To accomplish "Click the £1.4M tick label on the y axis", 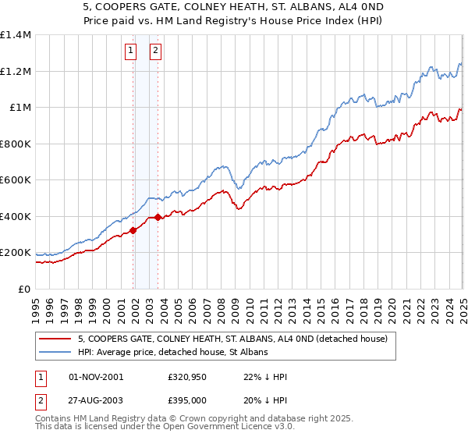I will pyautogui.click(x=16, y=35).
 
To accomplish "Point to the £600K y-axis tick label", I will pyautogui.click(x=16, y=180).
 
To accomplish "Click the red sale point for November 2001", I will pyautogui.click(x=133, y=230).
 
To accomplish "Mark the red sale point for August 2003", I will pyautogui.click(x=158, y=218).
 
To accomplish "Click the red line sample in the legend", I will pyautogui.click(x=55, y=339).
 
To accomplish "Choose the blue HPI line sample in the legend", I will pyautogui.click(x=55, y=353).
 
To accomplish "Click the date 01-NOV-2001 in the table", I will pyautogui.click(x=96, y=377).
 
